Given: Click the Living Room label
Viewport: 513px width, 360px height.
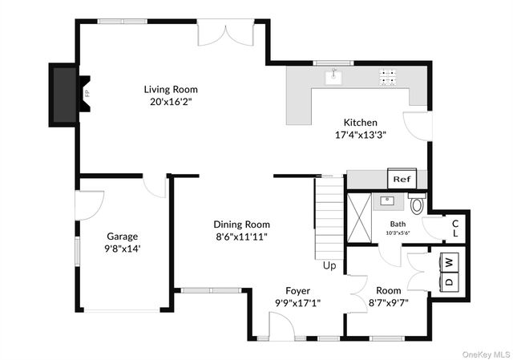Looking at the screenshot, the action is coord(171,89).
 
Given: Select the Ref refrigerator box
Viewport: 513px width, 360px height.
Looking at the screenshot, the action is coord(402,179).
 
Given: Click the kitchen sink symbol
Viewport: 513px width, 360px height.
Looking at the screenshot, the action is coord(333,78).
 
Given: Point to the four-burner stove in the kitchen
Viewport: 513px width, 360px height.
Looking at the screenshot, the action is coord(387,78).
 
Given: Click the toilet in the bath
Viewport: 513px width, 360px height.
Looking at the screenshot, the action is coord(417,203).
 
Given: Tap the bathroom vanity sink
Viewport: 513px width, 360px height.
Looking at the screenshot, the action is coord(387,200).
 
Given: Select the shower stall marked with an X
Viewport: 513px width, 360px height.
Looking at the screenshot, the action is coord(359,218).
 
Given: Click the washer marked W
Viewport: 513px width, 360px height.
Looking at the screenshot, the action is coord(449,262).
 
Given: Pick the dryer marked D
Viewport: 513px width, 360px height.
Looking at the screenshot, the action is coord(449,281).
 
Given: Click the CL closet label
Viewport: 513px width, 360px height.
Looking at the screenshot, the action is coord(455,229).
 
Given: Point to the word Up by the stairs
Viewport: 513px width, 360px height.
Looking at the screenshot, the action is coord(329,265).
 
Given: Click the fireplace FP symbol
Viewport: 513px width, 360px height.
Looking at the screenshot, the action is coord(84,95).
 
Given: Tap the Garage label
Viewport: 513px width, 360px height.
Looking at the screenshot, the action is coord(123,237).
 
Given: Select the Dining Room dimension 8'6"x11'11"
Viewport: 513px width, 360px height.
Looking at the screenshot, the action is coord(242,237).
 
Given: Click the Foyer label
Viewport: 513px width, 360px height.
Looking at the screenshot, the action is coord(297,290).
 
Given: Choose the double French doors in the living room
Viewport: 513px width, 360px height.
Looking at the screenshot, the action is coord(225,33).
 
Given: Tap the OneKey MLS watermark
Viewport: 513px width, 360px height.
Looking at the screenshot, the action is coord(486,354).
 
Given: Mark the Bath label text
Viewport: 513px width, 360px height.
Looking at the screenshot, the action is coord(398,224).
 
